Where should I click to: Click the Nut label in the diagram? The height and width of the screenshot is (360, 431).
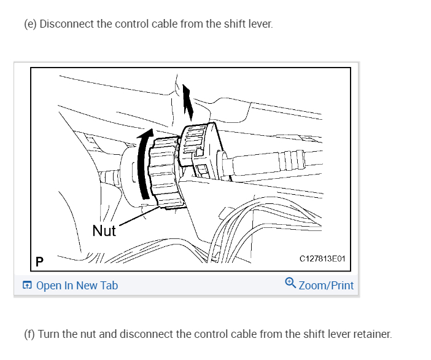click(104, 231)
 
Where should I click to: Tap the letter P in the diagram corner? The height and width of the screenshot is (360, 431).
click(40, 261)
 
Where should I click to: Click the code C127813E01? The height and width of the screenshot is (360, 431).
click(322, 259)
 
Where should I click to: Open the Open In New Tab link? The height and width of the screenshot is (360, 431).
click(77, 286)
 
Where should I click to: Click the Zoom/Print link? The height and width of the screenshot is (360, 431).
click(325, 285)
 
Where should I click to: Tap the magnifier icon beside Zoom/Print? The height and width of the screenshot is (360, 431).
click(290, 283)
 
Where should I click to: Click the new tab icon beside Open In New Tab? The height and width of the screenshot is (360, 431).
click(26, 286)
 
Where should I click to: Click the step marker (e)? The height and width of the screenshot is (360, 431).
click(30, 25)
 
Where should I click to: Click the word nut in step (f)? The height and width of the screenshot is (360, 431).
click(90, 334)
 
